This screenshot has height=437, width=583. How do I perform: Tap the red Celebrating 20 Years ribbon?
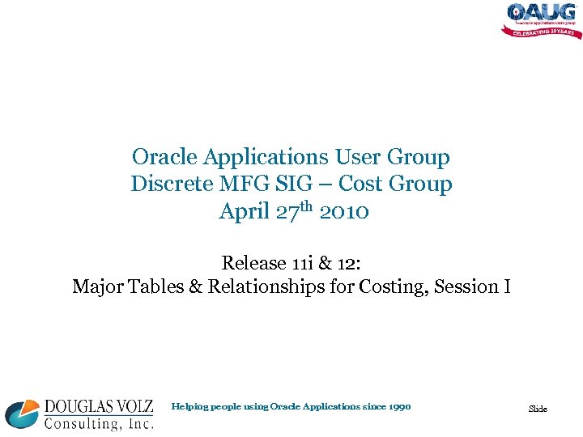click(542, 32)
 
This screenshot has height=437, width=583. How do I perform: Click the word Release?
click(254, 263)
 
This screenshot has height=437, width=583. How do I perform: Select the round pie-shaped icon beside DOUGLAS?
click(22, 414)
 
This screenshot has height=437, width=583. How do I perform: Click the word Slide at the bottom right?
click(538, 409)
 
